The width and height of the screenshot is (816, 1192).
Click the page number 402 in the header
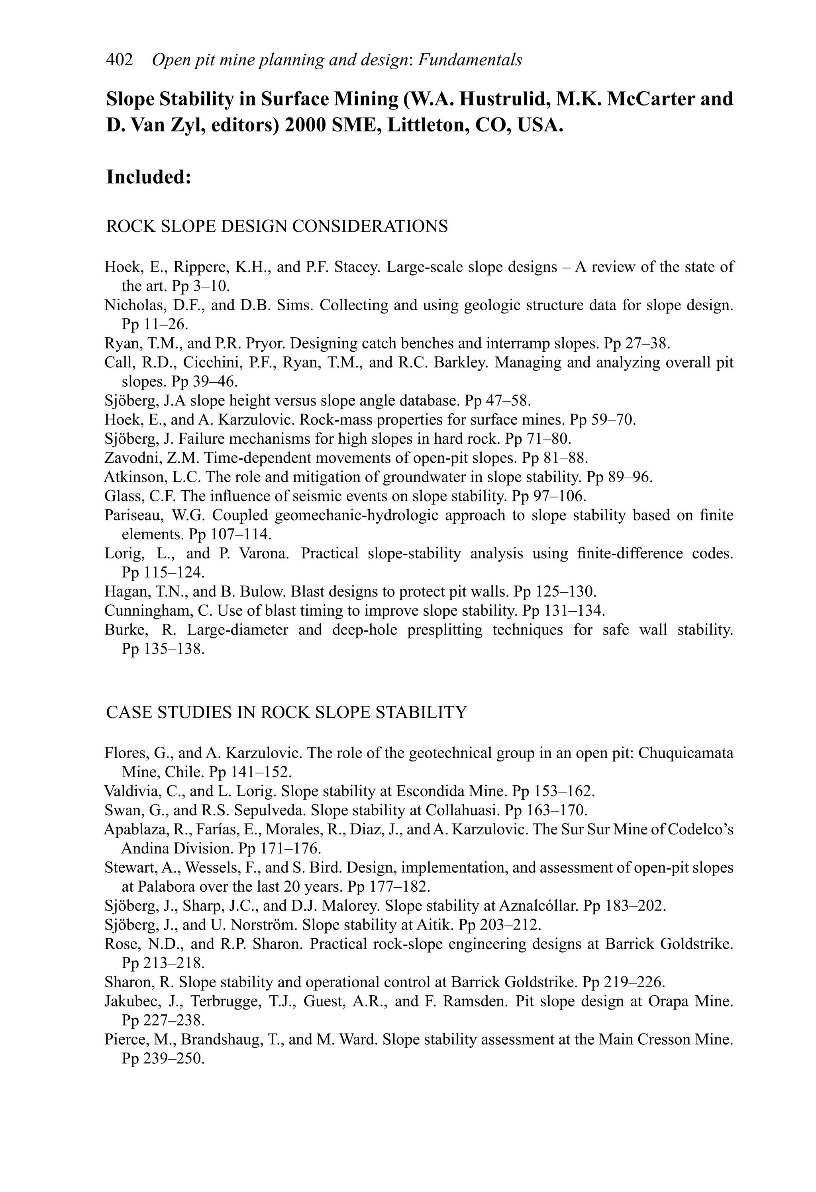coord(119,60)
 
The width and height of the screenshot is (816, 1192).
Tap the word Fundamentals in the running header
coord(470,60)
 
